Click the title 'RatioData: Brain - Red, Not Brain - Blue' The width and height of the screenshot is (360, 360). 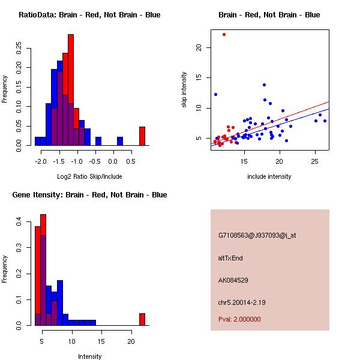coord(89,15)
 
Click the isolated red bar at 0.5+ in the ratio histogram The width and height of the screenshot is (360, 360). coord(142,136)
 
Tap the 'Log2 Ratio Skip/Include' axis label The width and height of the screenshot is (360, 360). coord(89,176)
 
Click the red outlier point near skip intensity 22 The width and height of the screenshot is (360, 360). coord(224,34)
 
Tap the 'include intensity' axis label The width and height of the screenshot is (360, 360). coord(269,176)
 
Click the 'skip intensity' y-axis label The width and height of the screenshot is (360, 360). coord(184,90)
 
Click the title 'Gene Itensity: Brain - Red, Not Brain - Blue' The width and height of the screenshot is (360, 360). coord(89,195)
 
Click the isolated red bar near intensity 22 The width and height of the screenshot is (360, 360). coord(142,319)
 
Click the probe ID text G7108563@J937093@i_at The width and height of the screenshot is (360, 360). coord(257,235)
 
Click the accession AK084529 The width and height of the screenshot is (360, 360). coord(233,280)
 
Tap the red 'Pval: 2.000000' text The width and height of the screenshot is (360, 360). coord(239,319)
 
